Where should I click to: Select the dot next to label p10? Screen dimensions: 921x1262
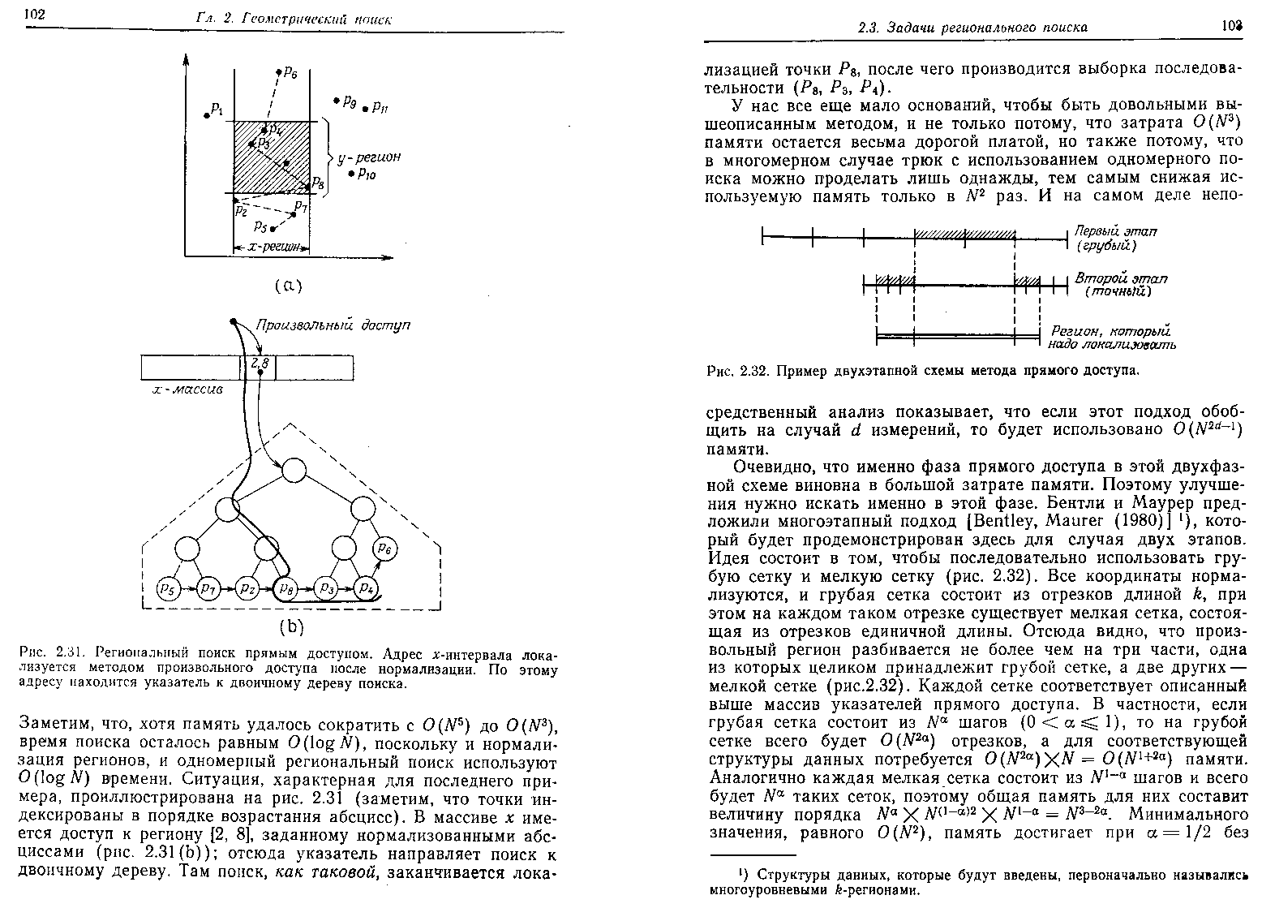click(x=350, y=173)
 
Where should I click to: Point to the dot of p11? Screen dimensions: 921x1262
click(x=366, y=108)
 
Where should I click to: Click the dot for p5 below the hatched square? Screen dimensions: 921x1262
click(x=273, y=230)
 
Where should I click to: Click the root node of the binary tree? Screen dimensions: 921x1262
click(x=293, y=469)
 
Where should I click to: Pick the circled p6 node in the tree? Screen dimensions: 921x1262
click(x=385, y=549)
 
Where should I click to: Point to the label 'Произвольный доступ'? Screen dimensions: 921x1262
click(x=333, y=325)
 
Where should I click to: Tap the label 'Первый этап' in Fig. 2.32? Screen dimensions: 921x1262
click(x=1115, y=231)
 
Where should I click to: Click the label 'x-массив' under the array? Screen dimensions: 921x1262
click(x=187, y=389)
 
